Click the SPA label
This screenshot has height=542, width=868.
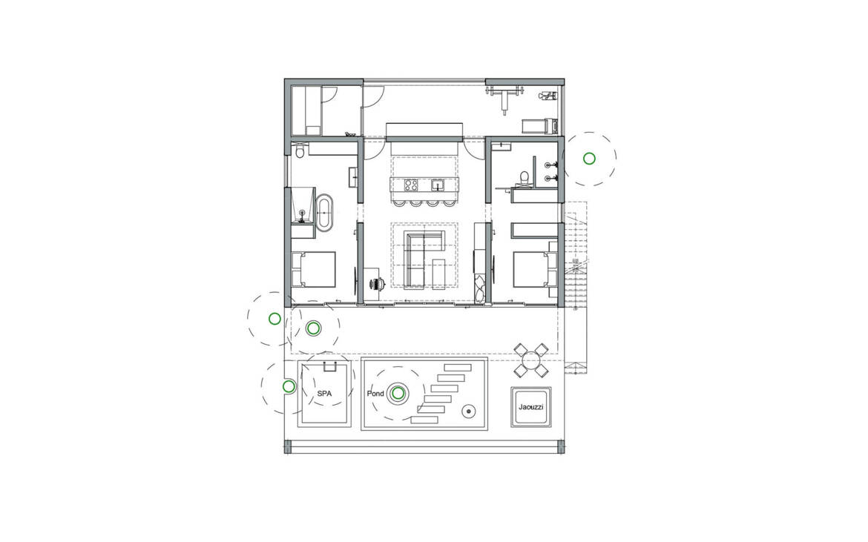click(324, 394)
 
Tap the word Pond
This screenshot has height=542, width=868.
click(375, 394)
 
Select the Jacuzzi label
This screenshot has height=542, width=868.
click(531, 407)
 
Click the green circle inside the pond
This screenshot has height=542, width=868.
click(398, 394)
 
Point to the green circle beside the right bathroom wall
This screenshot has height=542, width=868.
click(589, 159)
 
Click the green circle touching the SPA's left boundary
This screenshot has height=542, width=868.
click(289, 386)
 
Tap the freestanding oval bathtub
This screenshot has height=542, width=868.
click(325, 211)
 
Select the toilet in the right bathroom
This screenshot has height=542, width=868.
click(522, 177)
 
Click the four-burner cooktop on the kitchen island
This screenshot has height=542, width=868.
click(411, 185)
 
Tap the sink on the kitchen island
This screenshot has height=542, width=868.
click(438, 185)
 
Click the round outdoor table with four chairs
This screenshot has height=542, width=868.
click(531, 360)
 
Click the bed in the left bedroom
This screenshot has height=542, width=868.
click(313, 269)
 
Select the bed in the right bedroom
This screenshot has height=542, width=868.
click(535, 269)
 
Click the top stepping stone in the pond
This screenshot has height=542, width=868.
click(458, 367)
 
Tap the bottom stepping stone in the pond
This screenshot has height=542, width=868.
click(425, 420)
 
